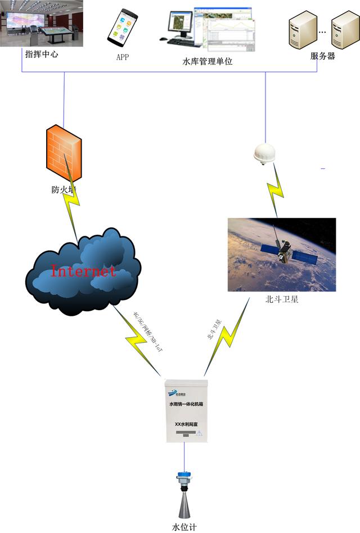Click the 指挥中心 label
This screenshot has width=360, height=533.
click(x=42, y=55)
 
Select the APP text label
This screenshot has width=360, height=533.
click(x=123, y=56)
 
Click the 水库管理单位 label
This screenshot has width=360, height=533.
click(x=208, y=61)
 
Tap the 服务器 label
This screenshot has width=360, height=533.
click(x=323, y=56)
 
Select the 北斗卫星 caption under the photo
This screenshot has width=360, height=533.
click(x=281, y=299)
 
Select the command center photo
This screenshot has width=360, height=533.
click(x=42, y=24)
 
